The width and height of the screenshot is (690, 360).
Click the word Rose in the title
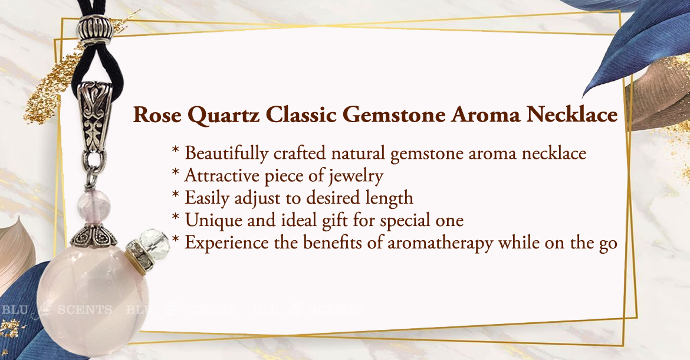[157, 115]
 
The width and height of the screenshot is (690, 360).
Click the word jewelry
[356, 176]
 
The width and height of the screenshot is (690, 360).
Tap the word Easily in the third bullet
[207, 198]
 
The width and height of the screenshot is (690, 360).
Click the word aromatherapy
[440, 243]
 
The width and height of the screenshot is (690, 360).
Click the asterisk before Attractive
[176, 173]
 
